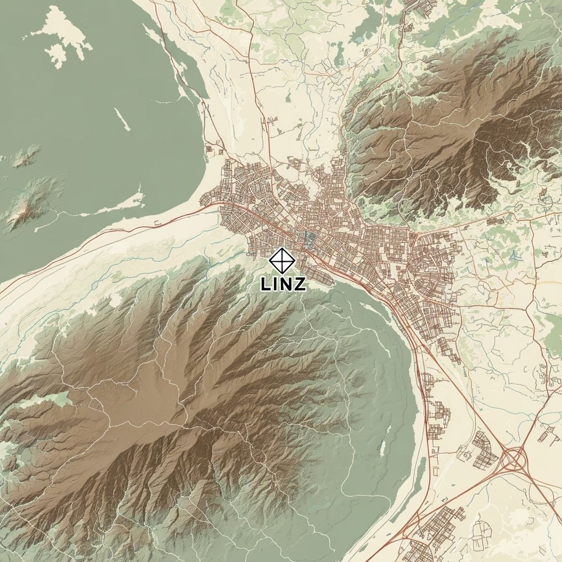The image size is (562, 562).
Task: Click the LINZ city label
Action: coord(283,284)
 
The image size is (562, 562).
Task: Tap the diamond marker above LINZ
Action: coord(282,261)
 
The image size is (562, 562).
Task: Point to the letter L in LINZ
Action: coord(266,284)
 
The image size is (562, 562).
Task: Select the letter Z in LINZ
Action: coord(299,284)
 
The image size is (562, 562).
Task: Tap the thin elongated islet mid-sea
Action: coord(122,119)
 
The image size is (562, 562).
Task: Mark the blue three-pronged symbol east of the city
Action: coord(514,255)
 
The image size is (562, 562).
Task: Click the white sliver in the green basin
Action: coord(383,447)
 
